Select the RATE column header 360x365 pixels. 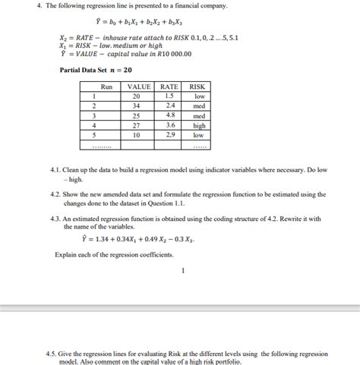click(x=169, y=87)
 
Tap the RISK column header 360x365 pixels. click(x=200, y=87)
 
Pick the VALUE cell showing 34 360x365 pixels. click(x=137, y=106)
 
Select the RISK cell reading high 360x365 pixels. click(x=200, y=125)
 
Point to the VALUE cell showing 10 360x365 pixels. click(x=137, y=134)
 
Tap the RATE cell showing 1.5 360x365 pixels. click(x=169, y=96)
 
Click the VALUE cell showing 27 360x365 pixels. click(x=137, y=125)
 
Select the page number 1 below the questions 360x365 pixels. click(x=182, y=269)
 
